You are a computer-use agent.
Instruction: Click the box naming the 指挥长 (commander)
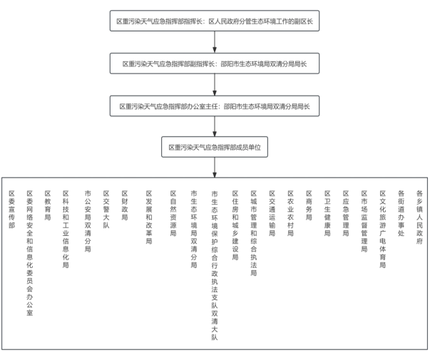click(x=215, y=21)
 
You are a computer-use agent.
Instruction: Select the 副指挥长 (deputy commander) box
click(x=215, y=63)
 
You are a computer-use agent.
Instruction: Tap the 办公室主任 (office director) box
click(x=215, y=106)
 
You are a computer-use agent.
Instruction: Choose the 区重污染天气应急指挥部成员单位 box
click(x=215, y=147)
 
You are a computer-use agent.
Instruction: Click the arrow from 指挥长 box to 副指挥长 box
click(x=215, y=42)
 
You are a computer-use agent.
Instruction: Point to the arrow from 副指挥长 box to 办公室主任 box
click(x=215, y=84)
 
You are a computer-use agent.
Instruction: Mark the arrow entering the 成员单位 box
click(x=215, y=126)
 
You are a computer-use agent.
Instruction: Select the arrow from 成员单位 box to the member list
click(x=215, y=168)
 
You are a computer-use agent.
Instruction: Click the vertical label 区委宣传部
click(x=11, y=210)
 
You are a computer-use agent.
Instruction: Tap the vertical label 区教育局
click(x=48, y=205)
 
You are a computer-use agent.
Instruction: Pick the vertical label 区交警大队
click(x=106, y=210)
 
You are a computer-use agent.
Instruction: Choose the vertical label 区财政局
click(x=125, y=205)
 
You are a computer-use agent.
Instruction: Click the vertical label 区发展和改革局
click(x=149, y=217)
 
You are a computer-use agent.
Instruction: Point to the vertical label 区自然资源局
click(x=173, y=214)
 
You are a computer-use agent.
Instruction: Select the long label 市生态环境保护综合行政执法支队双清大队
click(x=215, y=266)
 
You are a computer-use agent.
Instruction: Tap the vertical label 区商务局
click(x=309, y=205)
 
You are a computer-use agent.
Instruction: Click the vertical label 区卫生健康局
click(x=327, y=214)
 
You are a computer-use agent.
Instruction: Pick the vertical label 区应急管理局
click(x=346, y=214)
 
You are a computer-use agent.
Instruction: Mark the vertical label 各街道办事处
click(x=401, y=214)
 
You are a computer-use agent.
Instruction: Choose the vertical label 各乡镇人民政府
click(x=419, y=217)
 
